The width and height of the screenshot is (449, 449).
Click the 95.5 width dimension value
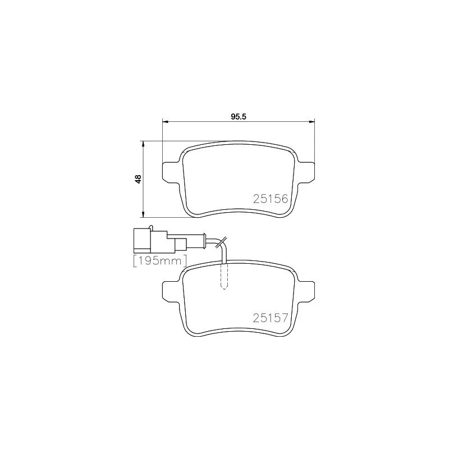[x=239, y=117]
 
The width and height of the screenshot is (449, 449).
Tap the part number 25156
[x=271, y=198]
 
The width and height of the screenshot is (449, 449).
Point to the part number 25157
[x=271, y=317]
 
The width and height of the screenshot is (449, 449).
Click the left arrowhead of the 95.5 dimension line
[x=165, y=121]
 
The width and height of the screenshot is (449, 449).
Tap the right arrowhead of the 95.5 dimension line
[x=311, y=121]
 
